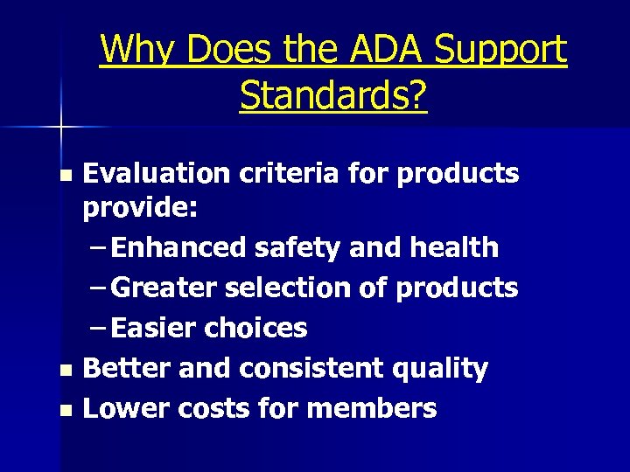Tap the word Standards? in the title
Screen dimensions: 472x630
[x=333, y=95]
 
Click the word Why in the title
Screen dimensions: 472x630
[x=136, y=50]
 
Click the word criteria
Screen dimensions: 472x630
[x=277, y=173]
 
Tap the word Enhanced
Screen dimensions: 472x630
[x=179, y=247]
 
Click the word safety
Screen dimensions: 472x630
[x=297, y=247]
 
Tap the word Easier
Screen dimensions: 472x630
[x=154, y=328]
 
